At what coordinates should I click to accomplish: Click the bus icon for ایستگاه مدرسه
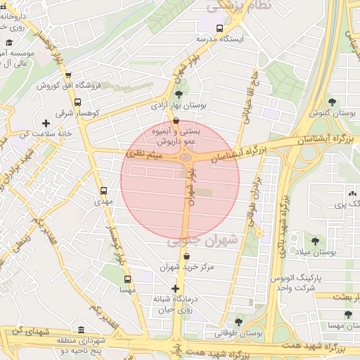tap(220, 29)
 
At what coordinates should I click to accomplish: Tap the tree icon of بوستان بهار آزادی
tap(179, 94)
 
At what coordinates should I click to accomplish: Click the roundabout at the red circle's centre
tap(186, 159)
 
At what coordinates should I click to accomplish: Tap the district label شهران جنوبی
tap(202, 241)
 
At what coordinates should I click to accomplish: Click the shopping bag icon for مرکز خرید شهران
tap(186, 257)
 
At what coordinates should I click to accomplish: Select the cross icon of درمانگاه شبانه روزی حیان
tap(176, 288)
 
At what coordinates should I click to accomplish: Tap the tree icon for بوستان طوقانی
tap(238, 321)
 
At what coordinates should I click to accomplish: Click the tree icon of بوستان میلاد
tap(314, 241)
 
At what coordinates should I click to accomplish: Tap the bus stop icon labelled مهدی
tap(104, 191)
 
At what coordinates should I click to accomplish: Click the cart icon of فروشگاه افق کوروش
tap(68, 76)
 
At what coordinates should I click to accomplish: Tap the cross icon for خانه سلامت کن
tap(46, 124)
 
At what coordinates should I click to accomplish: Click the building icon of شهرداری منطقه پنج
tap(81, 330)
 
